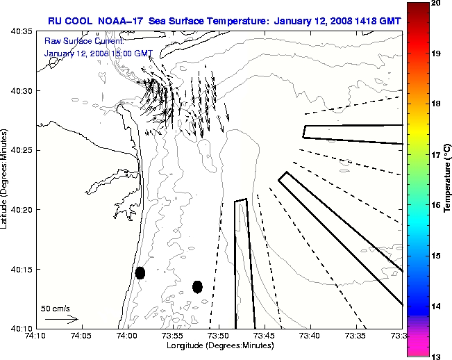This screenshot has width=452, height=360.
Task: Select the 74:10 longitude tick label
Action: tap(35, 336)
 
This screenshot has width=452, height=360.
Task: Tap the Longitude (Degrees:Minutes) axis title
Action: tap(219, 345)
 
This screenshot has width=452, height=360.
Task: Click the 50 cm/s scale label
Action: tap(55, 308)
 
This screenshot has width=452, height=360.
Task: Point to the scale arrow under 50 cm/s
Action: tap(61, 319)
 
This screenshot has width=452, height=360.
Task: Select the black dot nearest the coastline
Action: tap(140, 272)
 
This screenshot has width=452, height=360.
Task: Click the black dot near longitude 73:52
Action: tap(197, 286)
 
